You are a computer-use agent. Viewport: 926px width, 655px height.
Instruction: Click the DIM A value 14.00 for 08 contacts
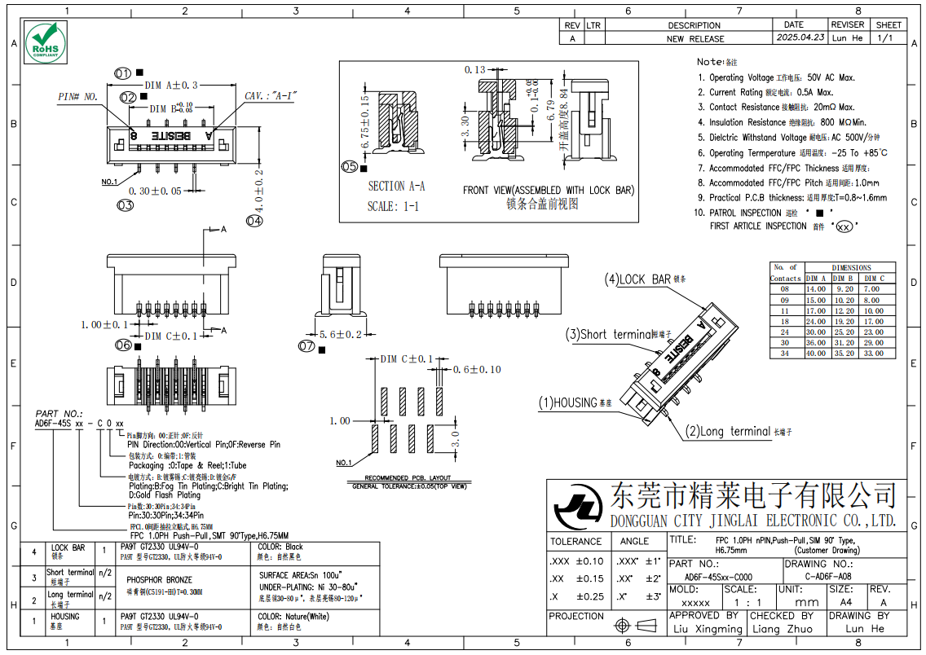(815, 289)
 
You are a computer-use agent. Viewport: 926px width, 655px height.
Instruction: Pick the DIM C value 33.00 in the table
(873, 353)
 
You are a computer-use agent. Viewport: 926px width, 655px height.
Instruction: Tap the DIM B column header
(844, 279)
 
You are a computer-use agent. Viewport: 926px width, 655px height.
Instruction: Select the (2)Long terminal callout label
(728, 432)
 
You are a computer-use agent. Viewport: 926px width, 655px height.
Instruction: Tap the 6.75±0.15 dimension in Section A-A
(364, 123)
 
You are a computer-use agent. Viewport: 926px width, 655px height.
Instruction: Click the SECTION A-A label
(396, 187)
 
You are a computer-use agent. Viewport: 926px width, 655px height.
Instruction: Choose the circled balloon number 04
(255, 221)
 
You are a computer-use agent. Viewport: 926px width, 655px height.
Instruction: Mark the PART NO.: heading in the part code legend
(59, 414)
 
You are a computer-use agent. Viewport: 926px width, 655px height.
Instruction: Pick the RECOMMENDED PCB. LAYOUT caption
(408, 478)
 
